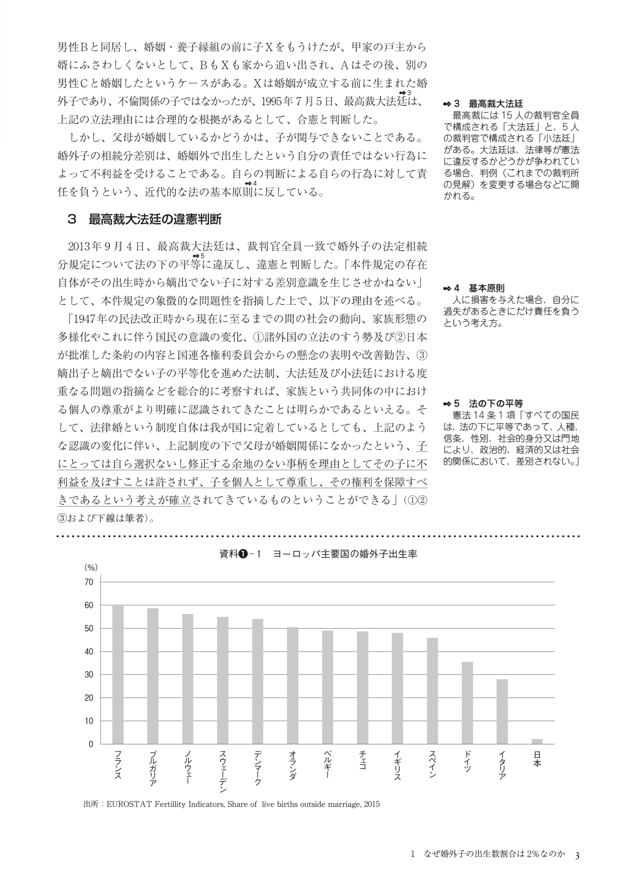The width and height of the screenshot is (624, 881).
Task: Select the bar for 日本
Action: point(537,741)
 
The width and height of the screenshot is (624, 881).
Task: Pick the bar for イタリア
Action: point(502,711)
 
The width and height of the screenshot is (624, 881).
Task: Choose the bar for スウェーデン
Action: point(223,680)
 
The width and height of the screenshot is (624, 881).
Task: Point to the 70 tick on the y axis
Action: point(89,582)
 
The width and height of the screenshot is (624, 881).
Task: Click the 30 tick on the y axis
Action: point(89,674)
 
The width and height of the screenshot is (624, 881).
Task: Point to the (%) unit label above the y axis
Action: point(91,568)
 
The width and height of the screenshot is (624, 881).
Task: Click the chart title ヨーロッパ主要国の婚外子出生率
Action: point(345,554)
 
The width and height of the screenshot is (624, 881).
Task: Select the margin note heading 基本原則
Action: point(487,289)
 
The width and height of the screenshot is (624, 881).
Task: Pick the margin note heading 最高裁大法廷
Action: point(496,104)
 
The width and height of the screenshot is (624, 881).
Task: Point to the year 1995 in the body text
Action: point(272,101)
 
